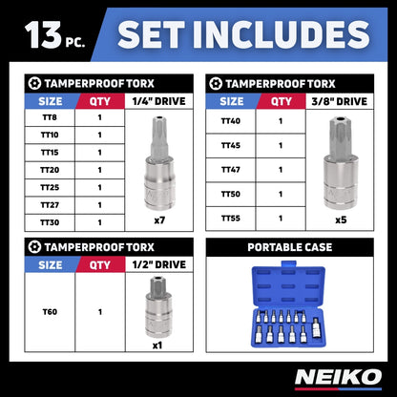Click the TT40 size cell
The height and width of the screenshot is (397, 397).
pos(231,120)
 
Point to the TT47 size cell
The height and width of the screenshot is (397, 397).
pos(231,169)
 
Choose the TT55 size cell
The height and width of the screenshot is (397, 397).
pos(231,218)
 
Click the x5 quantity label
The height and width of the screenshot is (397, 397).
pos(340,219)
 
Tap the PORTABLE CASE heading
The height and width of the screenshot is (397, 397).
pos(288,246)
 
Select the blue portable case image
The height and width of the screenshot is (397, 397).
pos(288,306)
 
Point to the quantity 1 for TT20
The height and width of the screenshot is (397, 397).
pos(99,169)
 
